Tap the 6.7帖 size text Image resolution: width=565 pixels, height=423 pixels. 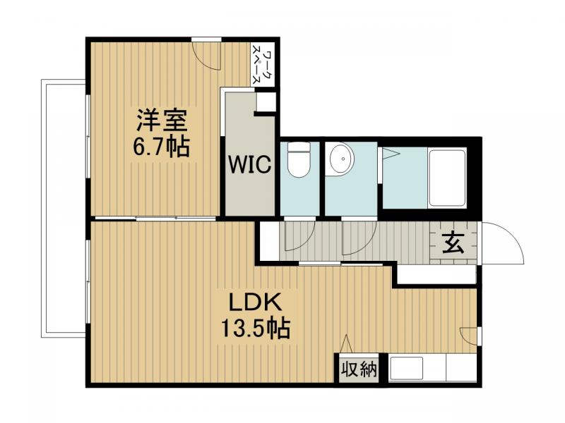[162, 147]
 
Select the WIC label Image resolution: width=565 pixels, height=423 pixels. [249, 166]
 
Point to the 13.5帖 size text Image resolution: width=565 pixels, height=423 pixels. [255, 329]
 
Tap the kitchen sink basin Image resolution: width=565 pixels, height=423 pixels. [406, 369]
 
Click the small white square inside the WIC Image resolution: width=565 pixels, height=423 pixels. [265, 103]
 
